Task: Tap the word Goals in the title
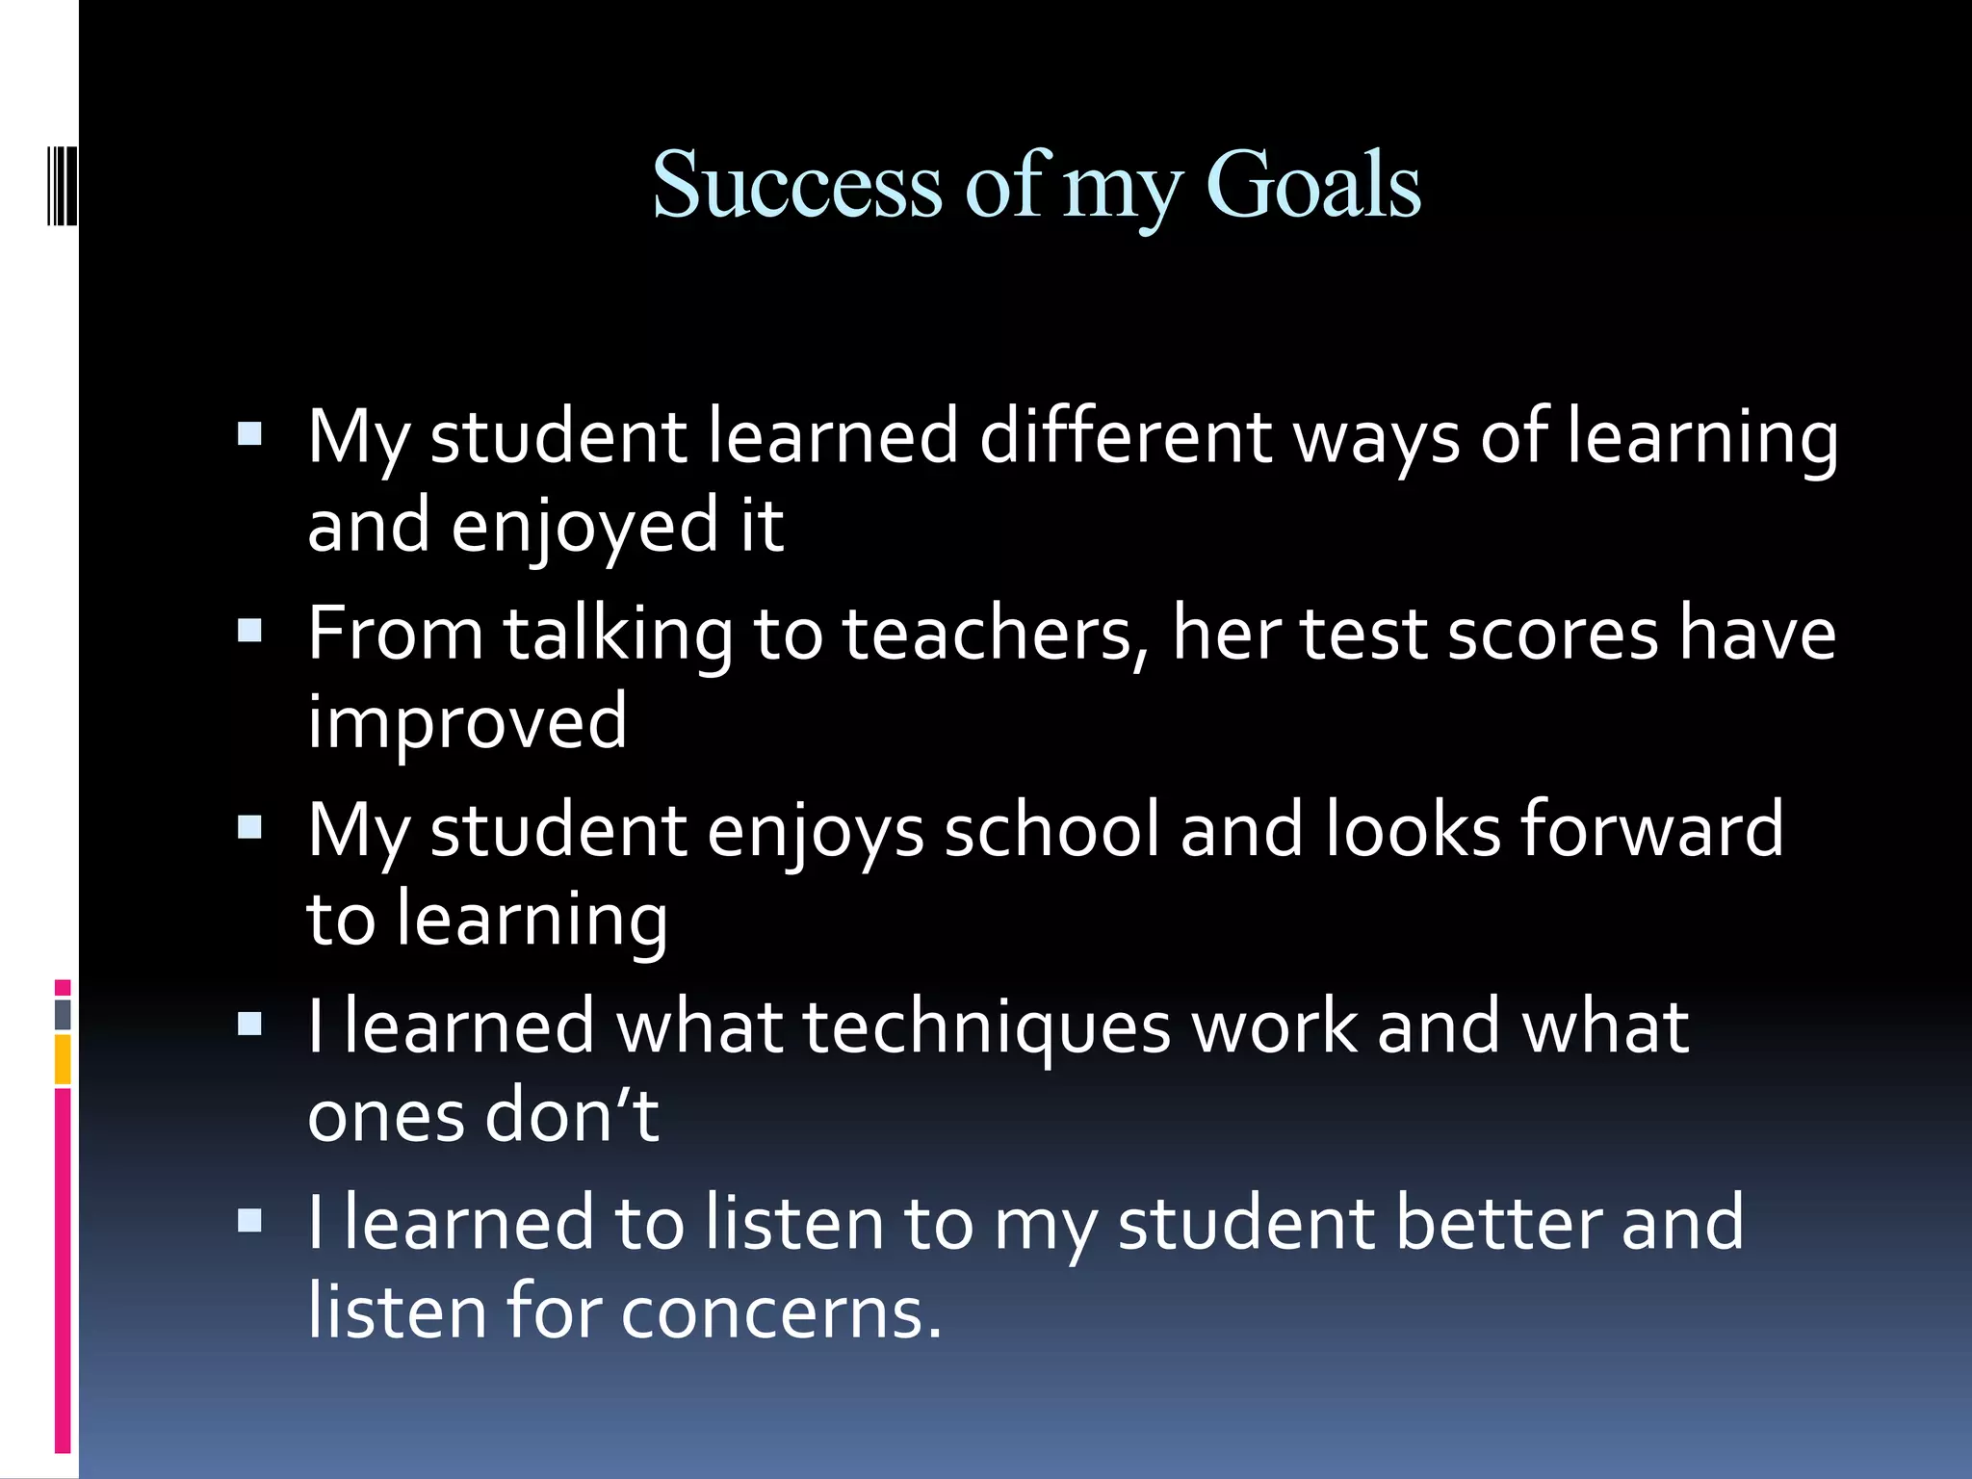(x=1313, y=185)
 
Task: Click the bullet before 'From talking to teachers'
(x=250, y=631)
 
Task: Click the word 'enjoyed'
(x=585, y=528)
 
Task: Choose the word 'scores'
(x=1552, y=635)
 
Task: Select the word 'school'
(x=1051, y=830)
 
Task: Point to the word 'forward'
(x=1651, y=830)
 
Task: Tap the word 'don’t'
(x=572, y=1117)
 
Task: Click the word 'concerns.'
(x=781, y=1312)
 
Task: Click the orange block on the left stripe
(x=63, y=1059)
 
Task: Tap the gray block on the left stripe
(x=63, y=1014)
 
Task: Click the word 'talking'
(x=617, y=636)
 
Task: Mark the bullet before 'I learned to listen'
(x=250, y=1221)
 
